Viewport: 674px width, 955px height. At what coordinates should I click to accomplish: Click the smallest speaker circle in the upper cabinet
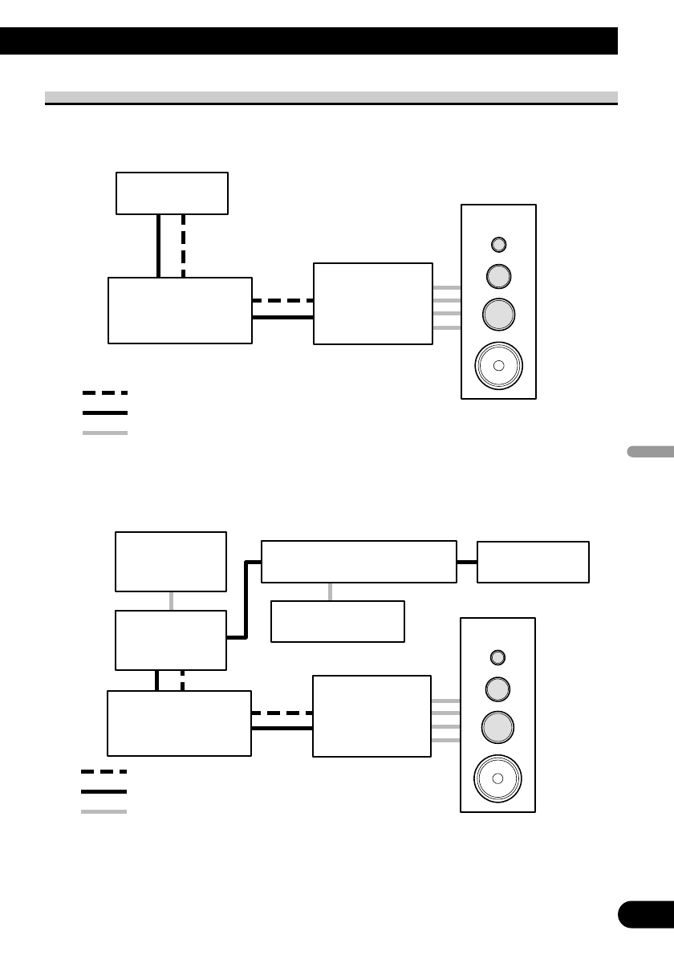498,244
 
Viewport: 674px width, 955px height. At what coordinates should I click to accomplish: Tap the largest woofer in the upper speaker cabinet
498,365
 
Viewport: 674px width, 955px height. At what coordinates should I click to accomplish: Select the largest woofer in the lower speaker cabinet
497,778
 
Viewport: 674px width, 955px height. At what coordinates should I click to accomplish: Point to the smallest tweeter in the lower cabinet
497,657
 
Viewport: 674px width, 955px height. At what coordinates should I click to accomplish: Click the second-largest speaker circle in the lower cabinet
497,727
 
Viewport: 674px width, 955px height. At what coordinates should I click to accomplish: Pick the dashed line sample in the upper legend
104,393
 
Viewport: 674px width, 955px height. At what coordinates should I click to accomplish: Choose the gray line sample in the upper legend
104,433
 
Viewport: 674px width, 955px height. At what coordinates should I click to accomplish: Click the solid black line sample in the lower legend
104,791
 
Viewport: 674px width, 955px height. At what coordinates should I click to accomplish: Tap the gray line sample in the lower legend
104,811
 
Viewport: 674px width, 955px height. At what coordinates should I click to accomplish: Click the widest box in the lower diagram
359,561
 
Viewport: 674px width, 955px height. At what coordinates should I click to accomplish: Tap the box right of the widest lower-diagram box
533,562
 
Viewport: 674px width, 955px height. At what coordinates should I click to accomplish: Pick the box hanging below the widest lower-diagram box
337,620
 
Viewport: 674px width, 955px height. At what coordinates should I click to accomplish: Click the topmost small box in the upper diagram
172,193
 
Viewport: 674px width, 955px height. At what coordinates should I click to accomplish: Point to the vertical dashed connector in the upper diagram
184,246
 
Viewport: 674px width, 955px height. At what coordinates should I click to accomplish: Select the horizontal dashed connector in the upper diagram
282,301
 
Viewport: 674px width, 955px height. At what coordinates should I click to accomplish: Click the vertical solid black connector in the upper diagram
159,246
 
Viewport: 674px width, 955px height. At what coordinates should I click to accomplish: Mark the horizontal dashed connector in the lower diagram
282,713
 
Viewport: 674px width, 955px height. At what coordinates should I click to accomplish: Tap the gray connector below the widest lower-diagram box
331,591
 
